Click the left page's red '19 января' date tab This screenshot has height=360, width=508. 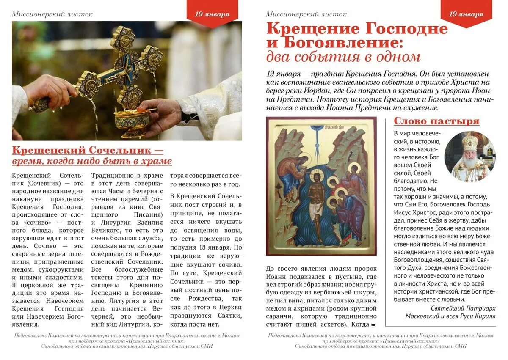212,14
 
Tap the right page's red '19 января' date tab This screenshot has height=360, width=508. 466,14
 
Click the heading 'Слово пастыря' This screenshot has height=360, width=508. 436,121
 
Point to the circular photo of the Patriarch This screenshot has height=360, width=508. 470,156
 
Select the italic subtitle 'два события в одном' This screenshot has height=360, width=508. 343,57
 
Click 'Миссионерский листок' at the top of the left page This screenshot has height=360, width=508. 52,14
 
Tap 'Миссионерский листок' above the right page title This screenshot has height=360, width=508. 306,14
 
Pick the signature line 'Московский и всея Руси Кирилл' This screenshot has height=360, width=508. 450,316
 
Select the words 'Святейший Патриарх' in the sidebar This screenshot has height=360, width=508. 463,308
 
